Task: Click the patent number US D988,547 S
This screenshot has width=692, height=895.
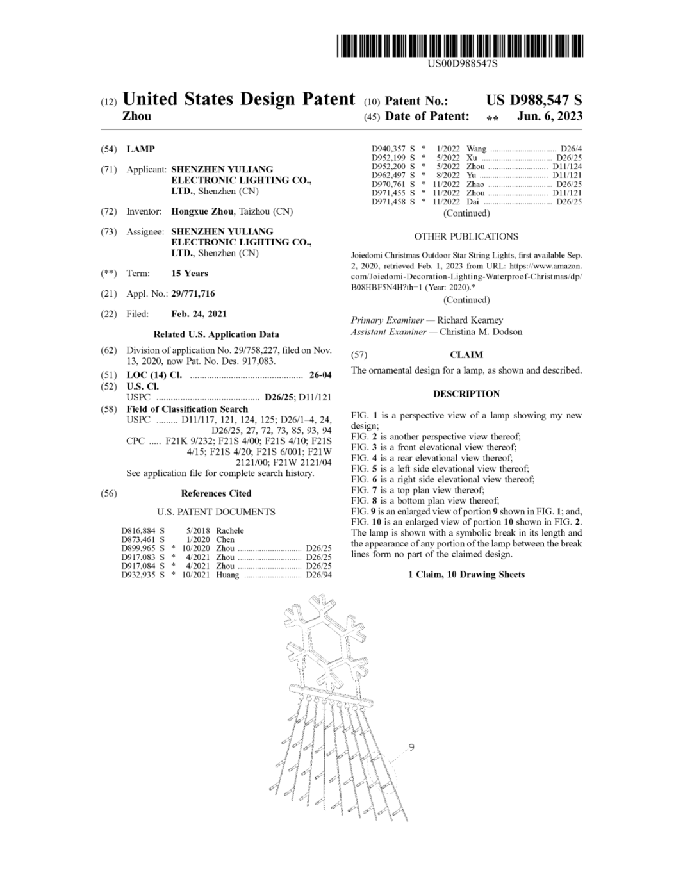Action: click(534, 101)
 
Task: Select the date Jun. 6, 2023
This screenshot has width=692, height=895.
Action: click(550, 117)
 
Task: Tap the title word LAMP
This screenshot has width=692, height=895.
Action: click(140, 149)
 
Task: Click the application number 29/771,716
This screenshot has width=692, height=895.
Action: click(193, 294)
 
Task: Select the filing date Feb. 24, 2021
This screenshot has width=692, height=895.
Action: click(199, 315)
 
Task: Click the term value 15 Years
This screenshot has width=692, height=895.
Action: click(190, 274)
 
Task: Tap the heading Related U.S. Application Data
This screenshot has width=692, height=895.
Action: click(216, 334)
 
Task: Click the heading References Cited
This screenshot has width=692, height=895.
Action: click(216, 493)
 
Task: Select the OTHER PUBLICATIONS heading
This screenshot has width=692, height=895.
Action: click(466, 236)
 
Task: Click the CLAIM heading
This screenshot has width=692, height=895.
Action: click(466, 355)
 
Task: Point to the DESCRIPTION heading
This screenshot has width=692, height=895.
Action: click(466, 394)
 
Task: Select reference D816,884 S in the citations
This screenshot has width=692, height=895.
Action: click(143, 531)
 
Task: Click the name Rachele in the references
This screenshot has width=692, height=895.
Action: click(230, 531)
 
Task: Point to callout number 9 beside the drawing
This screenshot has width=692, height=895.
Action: click(411, 747)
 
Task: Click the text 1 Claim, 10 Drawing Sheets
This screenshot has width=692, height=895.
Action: click(466, 575)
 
